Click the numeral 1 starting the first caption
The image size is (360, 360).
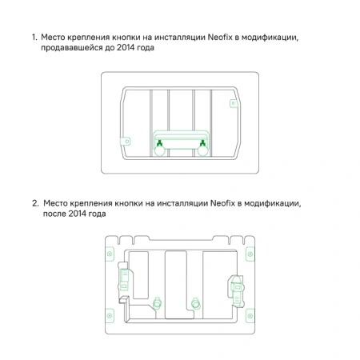[34, 38]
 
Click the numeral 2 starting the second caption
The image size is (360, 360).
[34, 204]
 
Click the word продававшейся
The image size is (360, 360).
[74, 48]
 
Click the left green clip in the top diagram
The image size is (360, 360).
[159, 145]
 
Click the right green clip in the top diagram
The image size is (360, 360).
[203, 145]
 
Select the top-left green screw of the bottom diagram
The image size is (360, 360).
[110, 246]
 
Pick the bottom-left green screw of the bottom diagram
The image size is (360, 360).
[110, 318]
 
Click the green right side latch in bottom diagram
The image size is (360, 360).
[236, 283]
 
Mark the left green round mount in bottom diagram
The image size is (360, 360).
[157, 303]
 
